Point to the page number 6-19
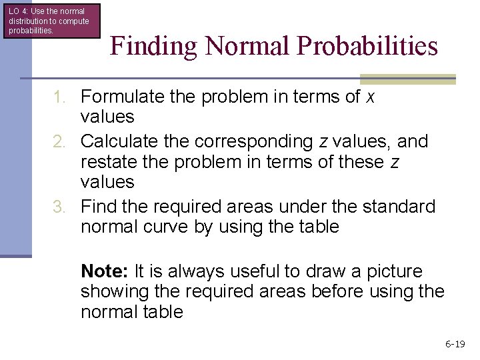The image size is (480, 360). [x=455, y=344]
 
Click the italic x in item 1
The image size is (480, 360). [x=371, y=97]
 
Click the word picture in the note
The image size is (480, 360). [x=391, y=272]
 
